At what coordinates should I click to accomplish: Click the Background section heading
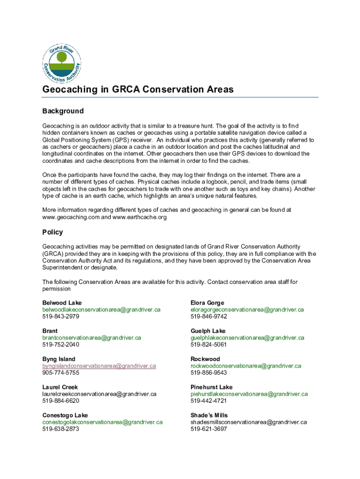[63, 111]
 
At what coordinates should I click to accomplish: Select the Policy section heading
[52, 232]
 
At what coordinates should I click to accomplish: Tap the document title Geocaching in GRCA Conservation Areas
[138, 89]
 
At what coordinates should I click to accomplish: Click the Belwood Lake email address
[101, 310]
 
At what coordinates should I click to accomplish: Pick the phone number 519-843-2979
[61, 316]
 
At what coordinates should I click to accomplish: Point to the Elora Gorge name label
[207, 303]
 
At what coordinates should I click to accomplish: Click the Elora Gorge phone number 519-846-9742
[209, 316]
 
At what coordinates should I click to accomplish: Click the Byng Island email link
[99, 366]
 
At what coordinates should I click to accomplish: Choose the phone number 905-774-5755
[61, 373]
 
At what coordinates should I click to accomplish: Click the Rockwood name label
[205, 359]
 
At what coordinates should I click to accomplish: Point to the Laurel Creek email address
[99, 394]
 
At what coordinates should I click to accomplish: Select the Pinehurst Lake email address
[249, 394]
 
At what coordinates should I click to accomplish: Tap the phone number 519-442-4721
[209, 401]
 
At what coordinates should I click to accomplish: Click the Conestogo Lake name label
[65, 415]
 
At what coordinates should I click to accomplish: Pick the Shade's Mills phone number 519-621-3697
[209, 429]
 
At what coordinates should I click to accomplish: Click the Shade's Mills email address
[248, 422]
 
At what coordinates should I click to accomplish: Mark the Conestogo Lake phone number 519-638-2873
[61, 429]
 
